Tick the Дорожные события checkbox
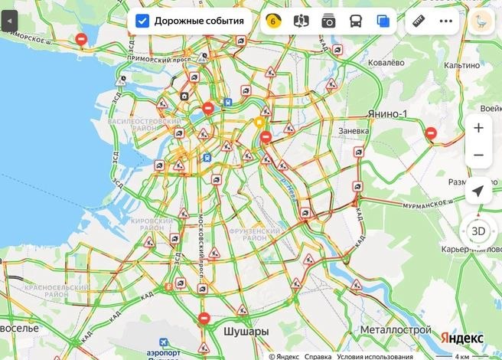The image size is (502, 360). click(142, 21)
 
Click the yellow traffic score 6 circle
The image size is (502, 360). click(272, 21)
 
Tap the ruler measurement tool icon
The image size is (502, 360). click(418, 21)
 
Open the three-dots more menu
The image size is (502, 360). click(446, 21)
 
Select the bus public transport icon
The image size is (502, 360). click(356, 21)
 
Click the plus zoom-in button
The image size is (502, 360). click(478, 128)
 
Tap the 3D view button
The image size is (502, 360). click(478, 231)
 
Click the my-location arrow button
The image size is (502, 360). click(478, 191)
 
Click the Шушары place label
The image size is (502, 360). click(246, 332)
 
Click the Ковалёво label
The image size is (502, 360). click(386, 62)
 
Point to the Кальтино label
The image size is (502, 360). click(461, 66)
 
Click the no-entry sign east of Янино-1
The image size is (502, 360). click(431, 133)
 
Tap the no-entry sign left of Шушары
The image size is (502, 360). click(204, 319)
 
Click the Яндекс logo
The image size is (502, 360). click(462, 338)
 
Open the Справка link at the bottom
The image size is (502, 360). click(318, 355)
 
